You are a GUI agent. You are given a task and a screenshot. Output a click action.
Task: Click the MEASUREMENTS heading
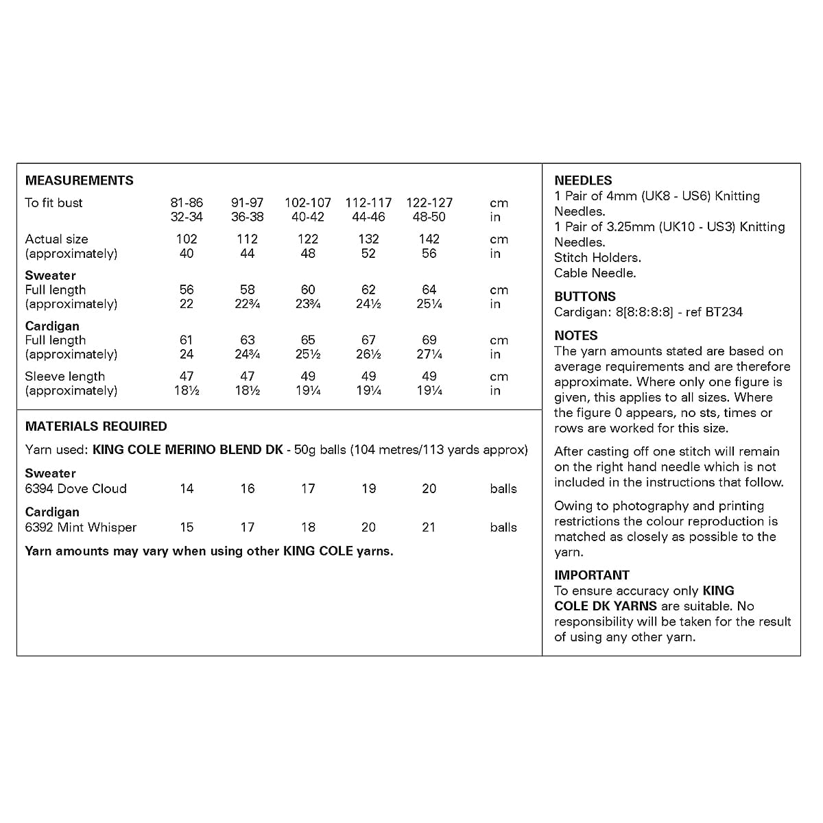click(79, 181)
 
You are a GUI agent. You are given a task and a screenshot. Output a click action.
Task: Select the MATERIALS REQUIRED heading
click(96, 427)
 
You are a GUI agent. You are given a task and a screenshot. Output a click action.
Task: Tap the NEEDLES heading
click(583, 181)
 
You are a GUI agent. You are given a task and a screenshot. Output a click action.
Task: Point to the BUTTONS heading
click(585, 297)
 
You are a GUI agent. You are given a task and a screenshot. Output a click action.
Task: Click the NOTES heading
click(576, 336)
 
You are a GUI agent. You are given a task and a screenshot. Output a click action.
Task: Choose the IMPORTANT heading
click(592, 575)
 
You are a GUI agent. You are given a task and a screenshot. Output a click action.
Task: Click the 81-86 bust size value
click(187, 203)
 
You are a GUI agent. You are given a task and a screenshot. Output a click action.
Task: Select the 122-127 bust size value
click(429, 203)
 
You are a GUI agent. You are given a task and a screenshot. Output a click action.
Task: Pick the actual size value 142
click(429, 239)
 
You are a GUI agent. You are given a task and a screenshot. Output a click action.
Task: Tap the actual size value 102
click(187, 239)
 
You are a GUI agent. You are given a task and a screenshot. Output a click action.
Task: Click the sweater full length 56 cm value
click(187, 290)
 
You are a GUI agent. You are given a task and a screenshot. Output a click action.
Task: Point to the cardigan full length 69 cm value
click(429, 340)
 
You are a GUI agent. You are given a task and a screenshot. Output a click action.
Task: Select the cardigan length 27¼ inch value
click(429, 355)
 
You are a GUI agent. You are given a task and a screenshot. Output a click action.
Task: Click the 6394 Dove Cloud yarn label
click(75, 489)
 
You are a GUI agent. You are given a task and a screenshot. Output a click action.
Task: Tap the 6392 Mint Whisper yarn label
click(80, 527)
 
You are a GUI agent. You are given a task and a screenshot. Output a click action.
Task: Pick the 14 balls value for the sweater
click(187, 489)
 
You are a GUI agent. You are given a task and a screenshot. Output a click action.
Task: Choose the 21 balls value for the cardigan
click(429, 527)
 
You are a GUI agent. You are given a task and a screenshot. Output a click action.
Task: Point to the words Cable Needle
click(595, 273)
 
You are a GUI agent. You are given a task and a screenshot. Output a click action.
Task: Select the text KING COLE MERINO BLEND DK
click(187, 451)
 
